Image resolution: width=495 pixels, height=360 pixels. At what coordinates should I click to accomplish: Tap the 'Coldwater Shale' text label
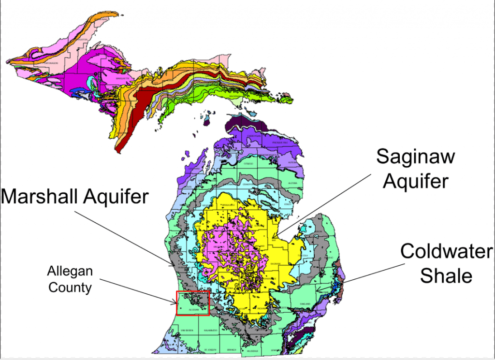pos(446,264)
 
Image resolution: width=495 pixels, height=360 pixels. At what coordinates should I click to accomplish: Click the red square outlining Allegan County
pos(193,303)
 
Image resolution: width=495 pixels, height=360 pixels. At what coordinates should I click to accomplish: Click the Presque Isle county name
pos(281,143)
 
